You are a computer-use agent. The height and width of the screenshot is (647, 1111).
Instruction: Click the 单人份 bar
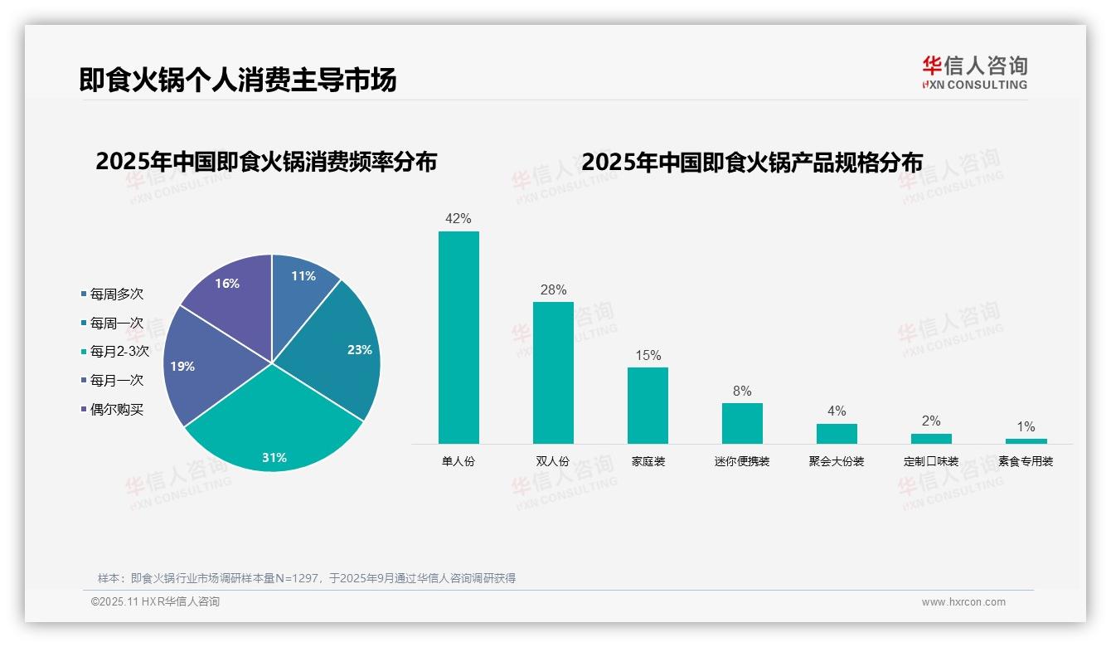click(458, 337)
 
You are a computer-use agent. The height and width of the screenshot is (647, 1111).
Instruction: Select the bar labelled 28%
click(553, 372)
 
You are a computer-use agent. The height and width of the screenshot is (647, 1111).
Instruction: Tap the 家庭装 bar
click(648, 405)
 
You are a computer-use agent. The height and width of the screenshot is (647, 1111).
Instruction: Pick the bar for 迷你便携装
click(742, 423)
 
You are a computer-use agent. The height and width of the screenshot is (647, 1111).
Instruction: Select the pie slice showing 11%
click(300, 290)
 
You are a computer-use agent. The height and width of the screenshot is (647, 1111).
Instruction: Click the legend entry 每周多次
click(116, 294)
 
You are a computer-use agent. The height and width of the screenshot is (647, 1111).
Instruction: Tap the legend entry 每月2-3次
click(119, 352)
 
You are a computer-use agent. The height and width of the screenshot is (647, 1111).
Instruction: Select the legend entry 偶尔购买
click(116, 410)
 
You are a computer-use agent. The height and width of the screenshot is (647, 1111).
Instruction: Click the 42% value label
click(458, 219)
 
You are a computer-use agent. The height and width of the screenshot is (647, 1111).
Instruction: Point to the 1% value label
click(1026, 427)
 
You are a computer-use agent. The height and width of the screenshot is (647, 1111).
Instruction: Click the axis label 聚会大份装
click(837, 461)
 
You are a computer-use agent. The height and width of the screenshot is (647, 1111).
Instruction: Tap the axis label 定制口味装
click(931, 461)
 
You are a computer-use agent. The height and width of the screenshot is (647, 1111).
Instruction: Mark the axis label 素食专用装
click(1026, 461)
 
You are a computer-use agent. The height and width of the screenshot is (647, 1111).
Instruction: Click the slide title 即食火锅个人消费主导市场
click(238, 80)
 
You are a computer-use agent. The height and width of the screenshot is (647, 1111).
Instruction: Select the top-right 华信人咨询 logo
click(974, 72)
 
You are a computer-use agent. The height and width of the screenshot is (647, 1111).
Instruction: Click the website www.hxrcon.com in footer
click(963, 602)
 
